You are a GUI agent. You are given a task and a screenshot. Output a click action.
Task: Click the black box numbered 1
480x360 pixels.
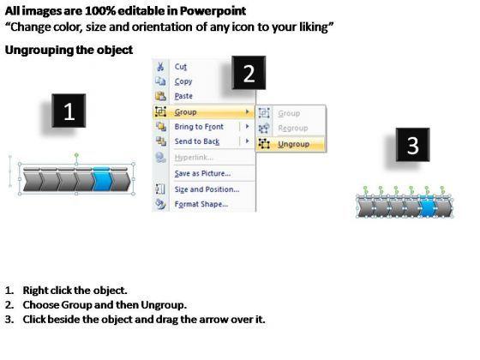[69, 111]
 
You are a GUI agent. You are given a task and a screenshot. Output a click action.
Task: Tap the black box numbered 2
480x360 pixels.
[249, 73]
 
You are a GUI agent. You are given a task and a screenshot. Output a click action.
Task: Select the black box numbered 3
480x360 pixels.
[412, 145]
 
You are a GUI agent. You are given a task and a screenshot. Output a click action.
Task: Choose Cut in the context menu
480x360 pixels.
[181, 67]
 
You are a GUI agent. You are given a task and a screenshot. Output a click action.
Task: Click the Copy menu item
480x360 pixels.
[183, 81]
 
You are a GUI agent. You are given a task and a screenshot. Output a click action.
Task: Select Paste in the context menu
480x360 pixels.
[183, 96]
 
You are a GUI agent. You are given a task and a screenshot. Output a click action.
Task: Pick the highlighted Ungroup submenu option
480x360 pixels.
[293, 144]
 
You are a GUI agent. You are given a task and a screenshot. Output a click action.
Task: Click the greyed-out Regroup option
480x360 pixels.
[293, 129]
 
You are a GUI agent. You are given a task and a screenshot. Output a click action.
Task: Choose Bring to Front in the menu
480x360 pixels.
[199, 127]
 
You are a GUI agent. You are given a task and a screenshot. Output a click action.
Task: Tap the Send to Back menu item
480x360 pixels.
[197, 141]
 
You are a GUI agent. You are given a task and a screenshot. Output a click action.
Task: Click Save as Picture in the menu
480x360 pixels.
[202, 173]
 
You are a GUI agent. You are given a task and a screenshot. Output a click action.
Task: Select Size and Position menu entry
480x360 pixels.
[207, 189]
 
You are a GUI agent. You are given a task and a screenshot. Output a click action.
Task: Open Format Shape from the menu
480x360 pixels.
[201, 204]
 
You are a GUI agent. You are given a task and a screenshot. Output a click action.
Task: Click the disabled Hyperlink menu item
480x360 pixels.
[194, 158]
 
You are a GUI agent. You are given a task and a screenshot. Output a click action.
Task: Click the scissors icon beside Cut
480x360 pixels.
[160, 67]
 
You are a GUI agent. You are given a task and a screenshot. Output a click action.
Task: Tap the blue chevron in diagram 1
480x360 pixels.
[103, 181]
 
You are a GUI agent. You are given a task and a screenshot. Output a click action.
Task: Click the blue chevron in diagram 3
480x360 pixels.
[428, 208]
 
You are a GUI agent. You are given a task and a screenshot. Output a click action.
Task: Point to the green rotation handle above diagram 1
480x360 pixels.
[76, 155]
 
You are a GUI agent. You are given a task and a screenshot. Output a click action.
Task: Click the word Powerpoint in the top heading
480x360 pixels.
[213, 11]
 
